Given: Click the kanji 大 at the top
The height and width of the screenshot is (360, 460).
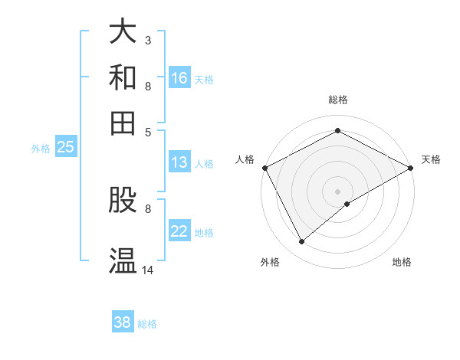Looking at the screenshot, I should pos(123,31).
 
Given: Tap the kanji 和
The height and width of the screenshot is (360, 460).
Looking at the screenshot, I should pos(123,77).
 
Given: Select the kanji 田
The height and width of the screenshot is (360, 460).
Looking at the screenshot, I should pos(123,123).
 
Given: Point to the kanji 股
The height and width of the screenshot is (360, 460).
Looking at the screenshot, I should pos(123,201).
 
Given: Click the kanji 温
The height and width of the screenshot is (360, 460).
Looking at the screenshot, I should pos(123,260).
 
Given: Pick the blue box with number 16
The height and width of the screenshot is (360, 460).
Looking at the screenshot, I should pos(179,78).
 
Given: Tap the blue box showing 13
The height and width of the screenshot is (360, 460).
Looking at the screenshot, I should pos(179,162).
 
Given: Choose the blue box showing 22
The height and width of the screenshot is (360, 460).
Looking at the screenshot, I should pos(179,232).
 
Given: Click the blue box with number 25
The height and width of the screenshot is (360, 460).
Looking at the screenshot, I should pos(65,148).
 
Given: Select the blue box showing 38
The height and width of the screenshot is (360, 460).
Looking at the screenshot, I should pos(123,322).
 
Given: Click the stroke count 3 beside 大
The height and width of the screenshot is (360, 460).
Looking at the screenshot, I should pos(147,40).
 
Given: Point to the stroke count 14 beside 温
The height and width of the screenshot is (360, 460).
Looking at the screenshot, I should pos(148,270).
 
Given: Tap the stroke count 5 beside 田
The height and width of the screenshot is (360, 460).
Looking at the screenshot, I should pos(147,132).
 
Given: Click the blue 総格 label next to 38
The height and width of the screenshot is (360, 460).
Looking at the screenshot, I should pos(147,324).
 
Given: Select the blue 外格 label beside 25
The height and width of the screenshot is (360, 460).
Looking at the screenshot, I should pos(40,149).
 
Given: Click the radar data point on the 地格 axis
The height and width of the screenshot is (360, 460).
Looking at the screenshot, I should pos(348,204).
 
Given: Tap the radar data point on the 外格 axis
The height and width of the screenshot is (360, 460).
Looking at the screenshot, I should pos(301,241).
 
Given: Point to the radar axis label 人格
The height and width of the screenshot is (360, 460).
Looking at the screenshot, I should pos(245,159).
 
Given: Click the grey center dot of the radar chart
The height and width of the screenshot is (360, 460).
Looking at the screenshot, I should pos(337,191).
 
